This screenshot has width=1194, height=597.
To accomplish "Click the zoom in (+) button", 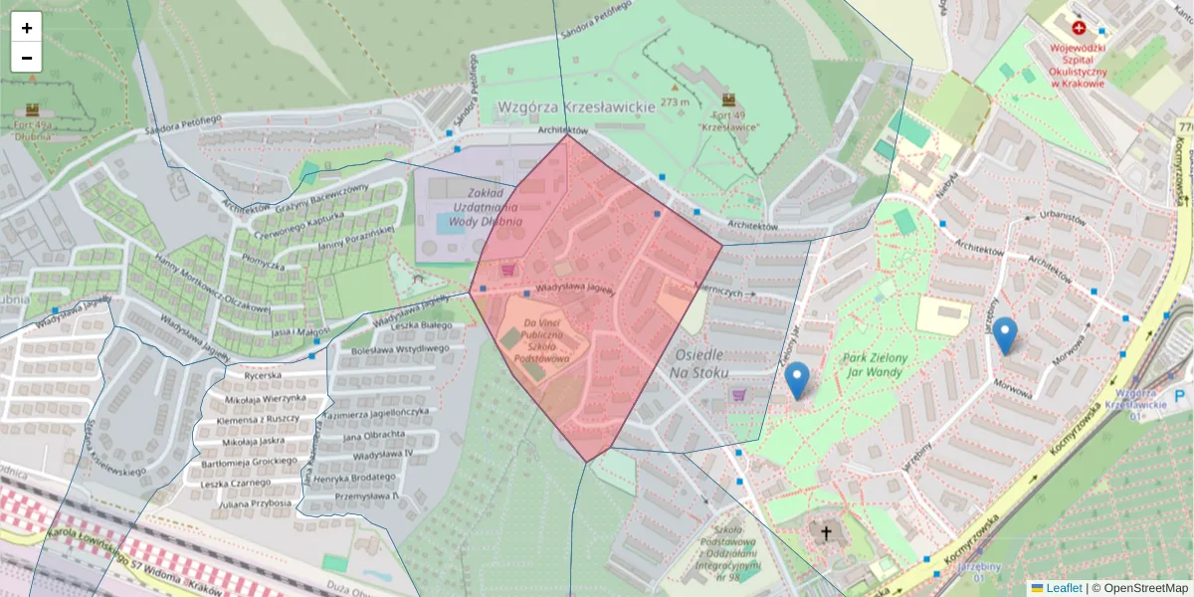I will pos(27,28).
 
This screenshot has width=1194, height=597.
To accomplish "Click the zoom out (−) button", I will pos(27,58).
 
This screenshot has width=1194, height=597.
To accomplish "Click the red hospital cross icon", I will pos(1079,29).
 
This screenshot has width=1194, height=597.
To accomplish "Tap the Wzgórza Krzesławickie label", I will pos(576,105).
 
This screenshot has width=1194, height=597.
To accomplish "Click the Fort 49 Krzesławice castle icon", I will pos(728,99).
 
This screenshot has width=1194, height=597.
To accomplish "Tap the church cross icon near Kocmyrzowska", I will pos(825,533).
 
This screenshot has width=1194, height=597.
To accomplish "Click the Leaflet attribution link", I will pos(1063,588).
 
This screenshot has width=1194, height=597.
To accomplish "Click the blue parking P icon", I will pos(1179,396).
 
